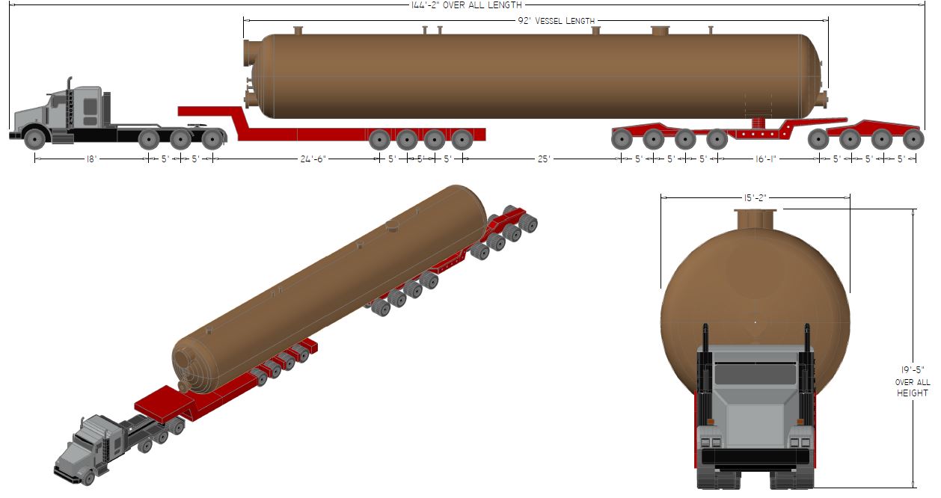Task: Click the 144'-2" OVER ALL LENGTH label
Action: point(466,5)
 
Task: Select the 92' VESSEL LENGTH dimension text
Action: point(557,21)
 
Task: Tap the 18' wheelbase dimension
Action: point(91,159)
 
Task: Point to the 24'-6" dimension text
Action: point(313,159)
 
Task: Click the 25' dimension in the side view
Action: point(544,159)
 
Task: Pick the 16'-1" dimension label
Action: point(765,159)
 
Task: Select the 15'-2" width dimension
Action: point(755,197)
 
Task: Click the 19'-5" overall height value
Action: point(913,370)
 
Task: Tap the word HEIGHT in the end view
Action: point(913,393)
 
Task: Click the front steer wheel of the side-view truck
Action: point(34,139)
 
